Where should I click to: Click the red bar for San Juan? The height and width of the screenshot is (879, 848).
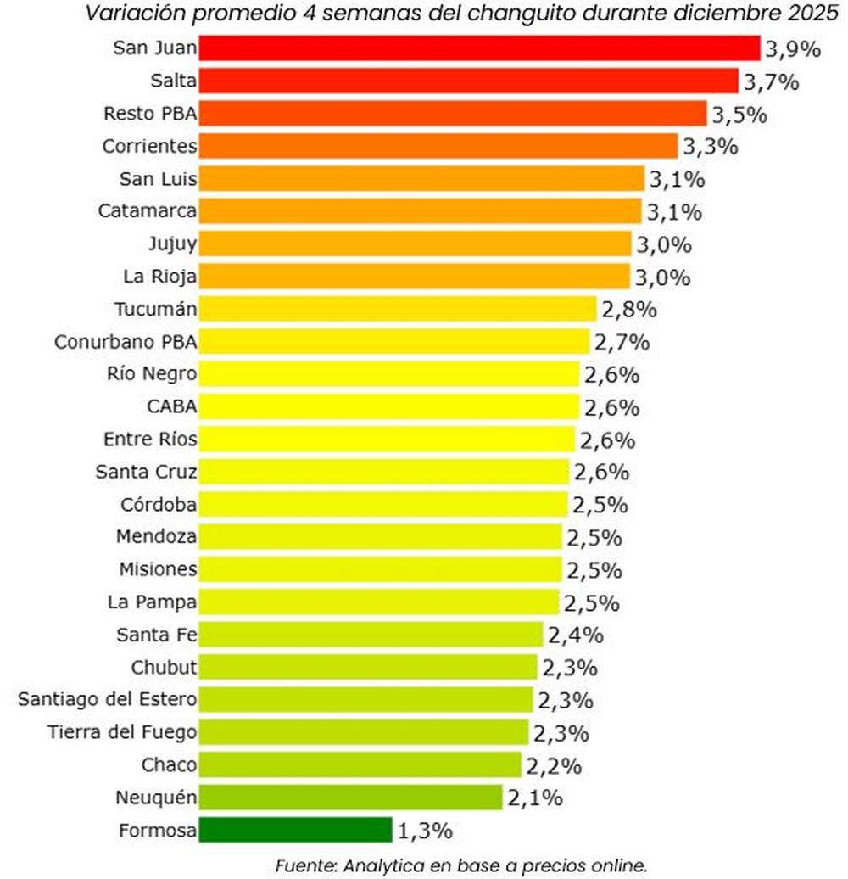(x=479, y=48)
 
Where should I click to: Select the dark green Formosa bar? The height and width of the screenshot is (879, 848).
(x=296, y=830)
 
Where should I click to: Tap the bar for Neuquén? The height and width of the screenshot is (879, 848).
(x=351, y=798)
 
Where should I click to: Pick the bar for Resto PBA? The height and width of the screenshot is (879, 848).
(x=453, y=114)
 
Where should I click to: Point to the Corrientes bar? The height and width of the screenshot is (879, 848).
(x=438, y=146)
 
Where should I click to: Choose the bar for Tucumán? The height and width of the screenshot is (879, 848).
(x=398, y=309)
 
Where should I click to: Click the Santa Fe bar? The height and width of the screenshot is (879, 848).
(x=371, y=635)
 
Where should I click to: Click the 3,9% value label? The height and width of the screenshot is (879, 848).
(x=793, y=49)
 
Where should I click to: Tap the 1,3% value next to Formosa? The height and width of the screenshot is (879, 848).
(x=425, y=831)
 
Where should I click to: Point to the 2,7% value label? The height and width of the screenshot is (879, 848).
(x=622, y=342)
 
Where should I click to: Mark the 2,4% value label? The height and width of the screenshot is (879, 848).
(x=574, y=635)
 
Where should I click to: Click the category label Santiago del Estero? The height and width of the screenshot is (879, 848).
(x=108, y=699)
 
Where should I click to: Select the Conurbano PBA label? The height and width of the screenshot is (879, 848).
(x=126, y=342)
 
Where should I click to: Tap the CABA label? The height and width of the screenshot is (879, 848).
(x=172, y=407)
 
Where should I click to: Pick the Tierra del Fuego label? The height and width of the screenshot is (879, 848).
(x=123, y=731)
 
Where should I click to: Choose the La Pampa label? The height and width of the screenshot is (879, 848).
(x=153, y=602)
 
